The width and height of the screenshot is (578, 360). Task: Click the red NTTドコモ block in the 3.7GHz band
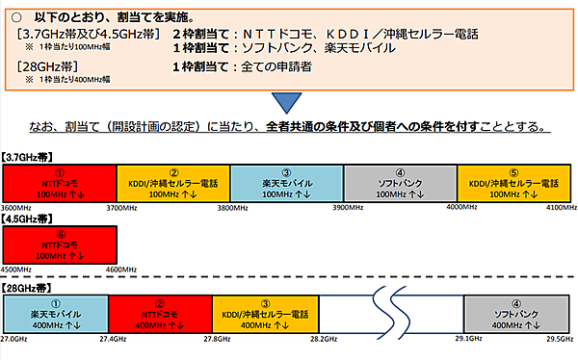point(59,182)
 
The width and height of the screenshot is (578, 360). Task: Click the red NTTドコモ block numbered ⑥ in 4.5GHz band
point(59,244)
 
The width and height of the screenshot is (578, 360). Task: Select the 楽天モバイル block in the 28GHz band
point(55,314)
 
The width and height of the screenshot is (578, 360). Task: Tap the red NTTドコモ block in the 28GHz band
point(161,314)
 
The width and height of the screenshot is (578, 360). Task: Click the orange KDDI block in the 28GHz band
point(266,314)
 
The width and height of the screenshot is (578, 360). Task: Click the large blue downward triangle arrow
point(288,103)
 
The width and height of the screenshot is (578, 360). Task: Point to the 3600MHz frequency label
point(20,207)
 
